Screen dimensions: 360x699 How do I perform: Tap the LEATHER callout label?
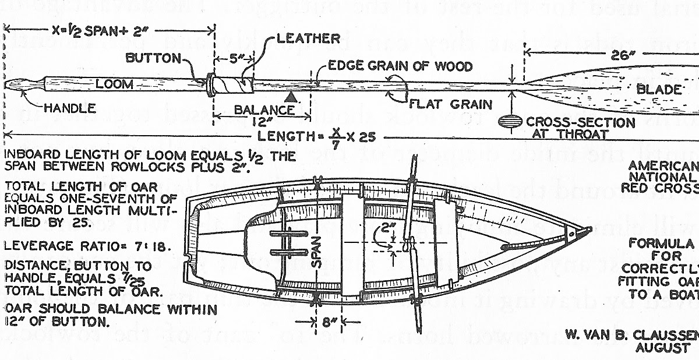coord(308,39)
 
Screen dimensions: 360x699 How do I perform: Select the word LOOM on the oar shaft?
coord(115,84)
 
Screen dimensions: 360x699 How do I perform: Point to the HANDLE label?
coord(69,108)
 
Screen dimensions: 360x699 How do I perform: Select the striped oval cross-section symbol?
coord(511,122)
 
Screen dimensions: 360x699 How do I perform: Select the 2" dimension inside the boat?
coord(384,225)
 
